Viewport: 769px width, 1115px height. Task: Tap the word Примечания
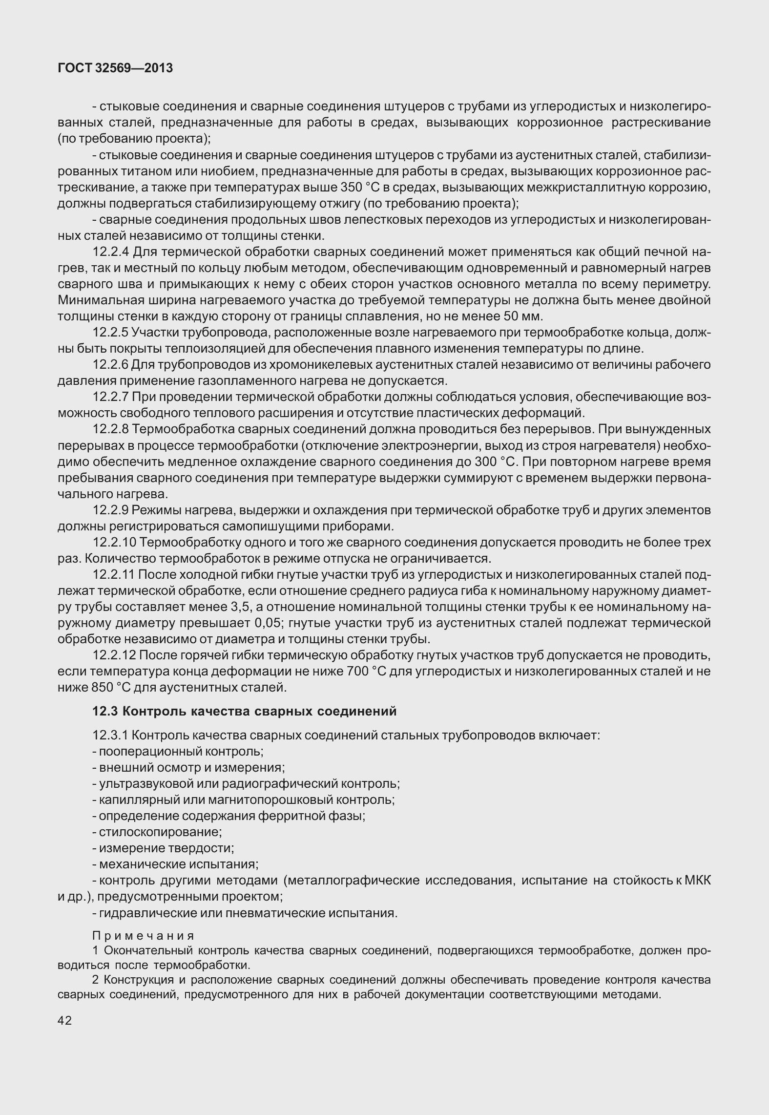point(144,936)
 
